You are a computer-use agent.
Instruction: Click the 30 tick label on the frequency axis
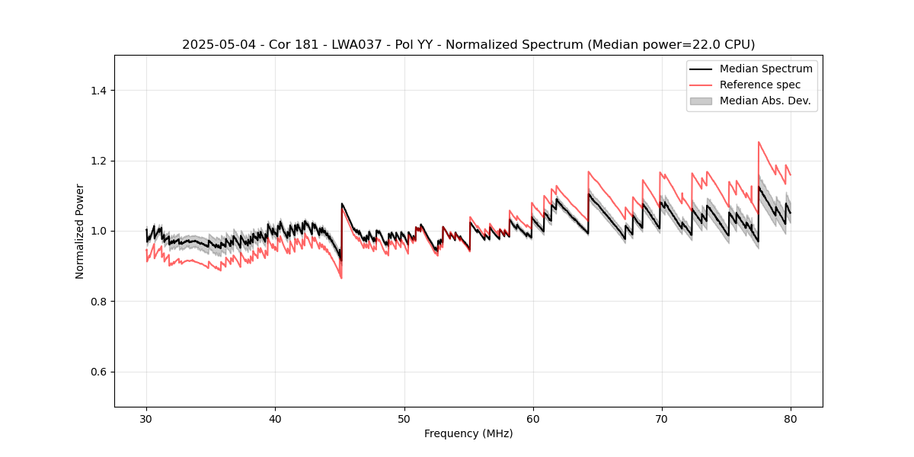146,419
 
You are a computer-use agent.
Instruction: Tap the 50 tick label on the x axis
404,419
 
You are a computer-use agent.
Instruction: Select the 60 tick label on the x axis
533,419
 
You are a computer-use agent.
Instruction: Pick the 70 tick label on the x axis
662,419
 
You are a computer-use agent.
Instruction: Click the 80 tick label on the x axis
791,419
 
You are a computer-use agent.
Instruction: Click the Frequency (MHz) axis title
468,434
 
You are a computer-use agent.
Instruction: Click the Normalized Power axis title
80,231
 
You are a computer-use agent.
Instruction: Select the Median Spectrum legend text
766,69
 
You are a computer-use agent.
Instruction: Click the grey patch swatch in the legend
701,101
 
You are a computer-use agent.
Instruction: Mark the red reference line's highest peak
759,142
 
